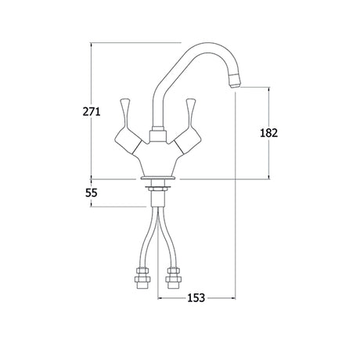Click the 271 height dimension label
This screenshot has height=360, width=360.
[x=92, y=112]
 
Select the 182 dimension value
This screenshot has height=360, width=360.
[x=269, y=133]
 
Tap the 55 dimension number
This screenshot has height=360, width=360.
[x=92, y=193]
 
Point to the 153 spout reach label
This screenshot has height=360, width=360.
[x=196, y=297]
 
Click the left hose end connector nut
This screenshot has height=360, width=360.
[x=142, y=278]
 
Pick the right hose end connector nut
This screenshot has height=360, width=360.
[x=172, y=278]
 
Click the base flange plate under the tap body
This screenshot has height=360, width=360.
[x=158, y=178]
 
